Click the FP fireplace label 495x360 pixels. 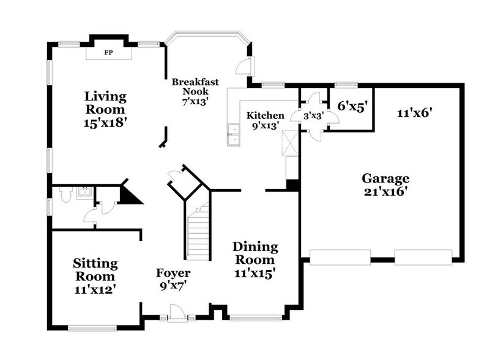click(108, 53)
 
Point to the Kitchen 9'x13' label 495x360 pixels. click(265, 120)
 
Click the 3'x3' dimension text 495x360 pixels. click(314, 114)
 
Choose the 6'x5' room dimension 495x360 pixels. click(352, 105)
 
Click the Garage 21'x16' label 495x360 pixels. click(385, 184)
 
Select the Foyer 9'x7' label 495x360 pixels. click(173, 279)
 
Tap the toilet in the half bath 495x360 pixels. click(67, 195)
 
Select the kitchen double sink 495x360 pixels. click(233, 134)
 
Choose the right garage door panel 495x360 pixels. click(423, 257)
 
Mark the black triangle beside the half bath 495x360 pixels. click(129, 194)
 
